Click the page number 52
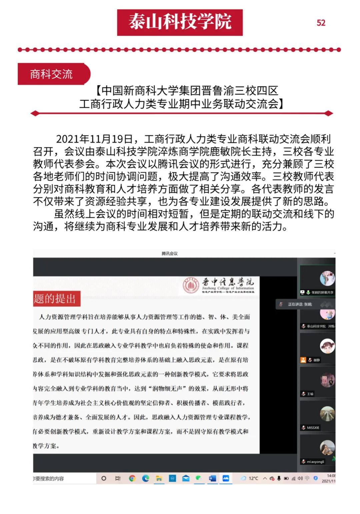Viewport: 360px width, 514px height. [321, 23]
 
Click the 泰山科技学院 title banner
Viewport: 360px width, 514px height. [180, 22]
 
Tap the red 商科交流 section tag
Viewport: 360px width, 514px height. [52, 74]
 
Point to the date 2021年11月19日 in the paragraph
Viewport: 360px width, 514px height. [94, 139]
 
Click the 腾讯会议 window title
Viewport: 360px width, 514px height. [169, 253]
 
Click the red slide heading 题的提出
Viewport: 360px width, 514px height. [55, 298]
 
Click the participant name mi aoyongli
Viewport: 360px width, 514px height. [315, 462]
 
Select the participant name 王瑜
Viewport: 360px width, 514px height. [310, 394]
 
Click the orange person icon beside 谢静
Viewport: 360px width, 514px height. [303, 360]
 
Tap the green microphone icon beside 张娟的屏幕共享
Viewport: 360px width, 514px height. [308, 292]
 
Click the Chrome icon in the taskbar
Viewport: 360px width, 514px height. [132, 478]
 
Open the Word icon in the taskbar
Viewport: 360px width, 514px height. [212, 478]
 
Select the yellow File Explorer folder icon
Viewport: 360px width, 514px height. [159, 478]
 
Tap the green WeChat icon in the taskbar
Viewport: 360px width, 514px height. [199, 478]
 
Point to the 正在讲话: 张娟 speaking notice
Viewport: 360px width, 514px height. [300, 304]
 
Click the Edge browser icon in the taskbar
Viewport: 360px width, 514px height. [146, 478]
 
